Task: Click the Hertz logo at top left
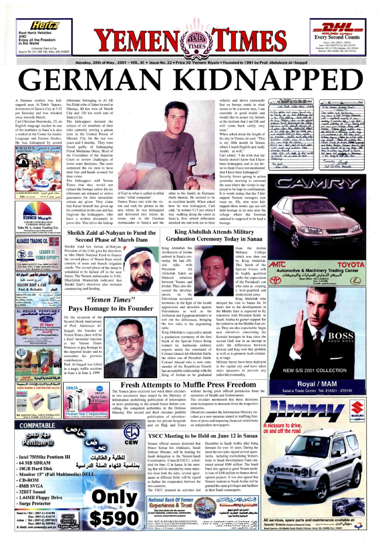(45, 25)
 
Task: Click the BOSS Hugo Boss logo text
(354, 336)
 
